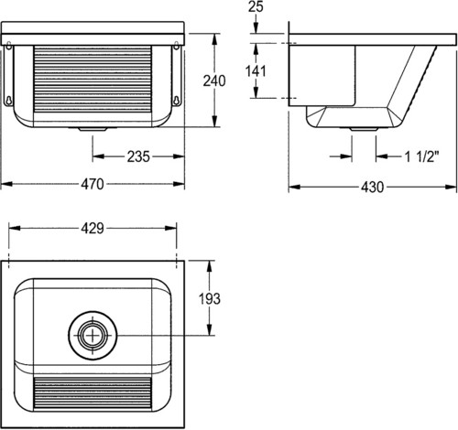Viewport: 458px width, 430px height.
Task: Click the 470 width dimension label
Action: (93, 184)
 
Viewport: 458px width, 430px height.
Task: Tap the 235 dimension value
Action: (138, 156)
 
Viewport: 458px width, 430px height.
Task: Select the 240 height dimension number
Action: (214, 81)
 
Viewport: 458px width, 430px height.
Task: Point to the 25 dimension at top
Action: (256, 6)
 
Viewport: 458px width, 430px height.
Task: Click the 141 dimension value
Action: (256, 71)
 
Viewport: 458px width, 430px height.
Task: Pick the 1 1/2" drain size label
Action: (421, 156)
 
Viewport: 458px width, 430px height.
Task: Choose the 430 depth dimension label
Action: (372, 187)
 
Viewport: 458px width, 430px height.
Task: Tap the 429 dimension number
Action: (93, 229)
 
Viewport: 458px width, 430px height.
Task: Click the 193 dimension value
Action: (210, 299)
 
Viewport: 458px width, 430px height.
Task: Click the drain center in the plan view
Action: (93, 335)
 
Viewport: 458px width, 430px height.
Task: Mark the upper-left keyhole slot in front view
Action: (9, 45)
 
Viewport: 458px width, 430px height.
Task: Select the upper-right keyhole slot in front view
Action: (176, 45)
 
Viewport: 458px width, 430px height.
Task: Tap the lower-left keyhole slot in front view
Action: (9, 101)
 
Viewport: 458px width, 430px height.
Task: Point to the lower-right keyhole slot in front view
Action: (176, 101)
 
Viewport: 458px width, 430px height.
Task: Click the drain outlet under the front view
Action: (93, 129)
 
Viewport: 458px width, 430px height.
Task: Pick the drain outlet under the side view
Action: (364, 129)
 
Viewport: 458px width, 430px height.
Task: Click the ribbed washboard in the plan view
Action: (93, 393)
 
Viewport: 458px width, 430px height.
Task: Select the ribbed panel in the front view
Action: (93, 80)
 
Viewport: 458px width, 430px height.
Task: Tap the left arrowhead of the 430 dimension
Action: (295, 187)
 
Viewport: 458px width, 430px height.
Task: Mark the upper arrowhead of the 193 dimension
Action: (210, 266)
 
